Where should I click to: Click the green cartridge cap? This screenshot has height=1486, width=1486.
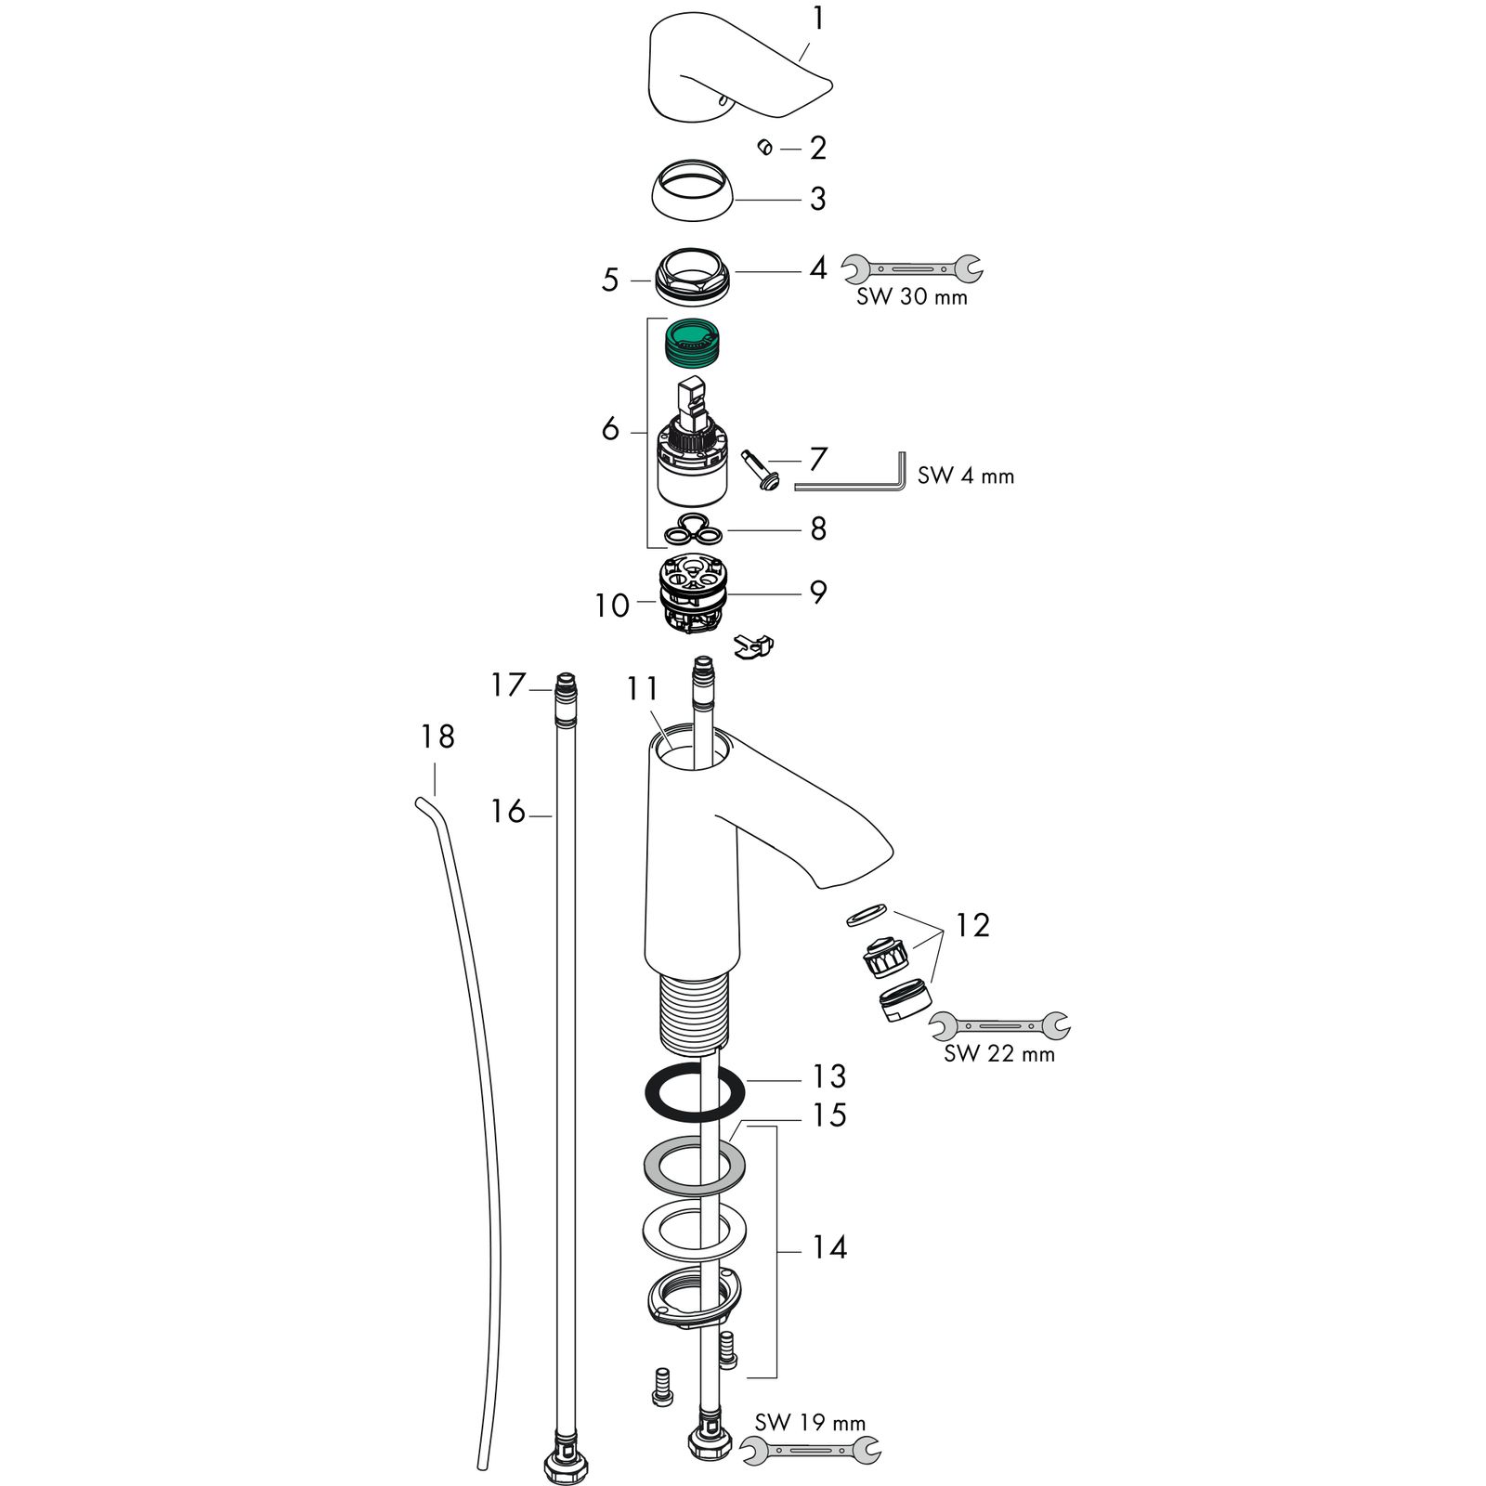pos(697,341)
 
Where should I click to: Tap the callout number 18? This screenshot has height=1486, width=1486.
pos(437,737)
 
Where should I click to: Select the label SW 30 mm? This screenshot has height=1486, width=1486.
pos(911,297)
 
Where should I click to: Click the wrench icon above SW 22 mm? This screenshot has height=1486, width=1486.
pos(998,1026)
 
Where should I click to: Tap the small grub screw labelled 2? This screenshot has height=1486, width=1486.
pos(765,148)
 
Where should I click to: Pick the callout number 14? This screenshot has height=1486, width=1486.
pos(828,1247)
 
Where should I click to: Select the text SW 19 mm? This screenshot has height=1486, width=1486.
pos(810,1423)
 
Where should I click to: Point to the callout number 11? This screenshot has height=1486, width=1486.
pos(642,690)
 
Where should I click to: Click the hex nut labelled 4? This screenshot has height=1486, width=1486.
pos(695,273)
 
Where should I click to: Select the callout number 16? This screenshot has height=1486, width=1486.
pos(508,812)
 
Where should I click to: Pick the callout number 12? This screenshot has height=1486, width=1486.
pos(972,925)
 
